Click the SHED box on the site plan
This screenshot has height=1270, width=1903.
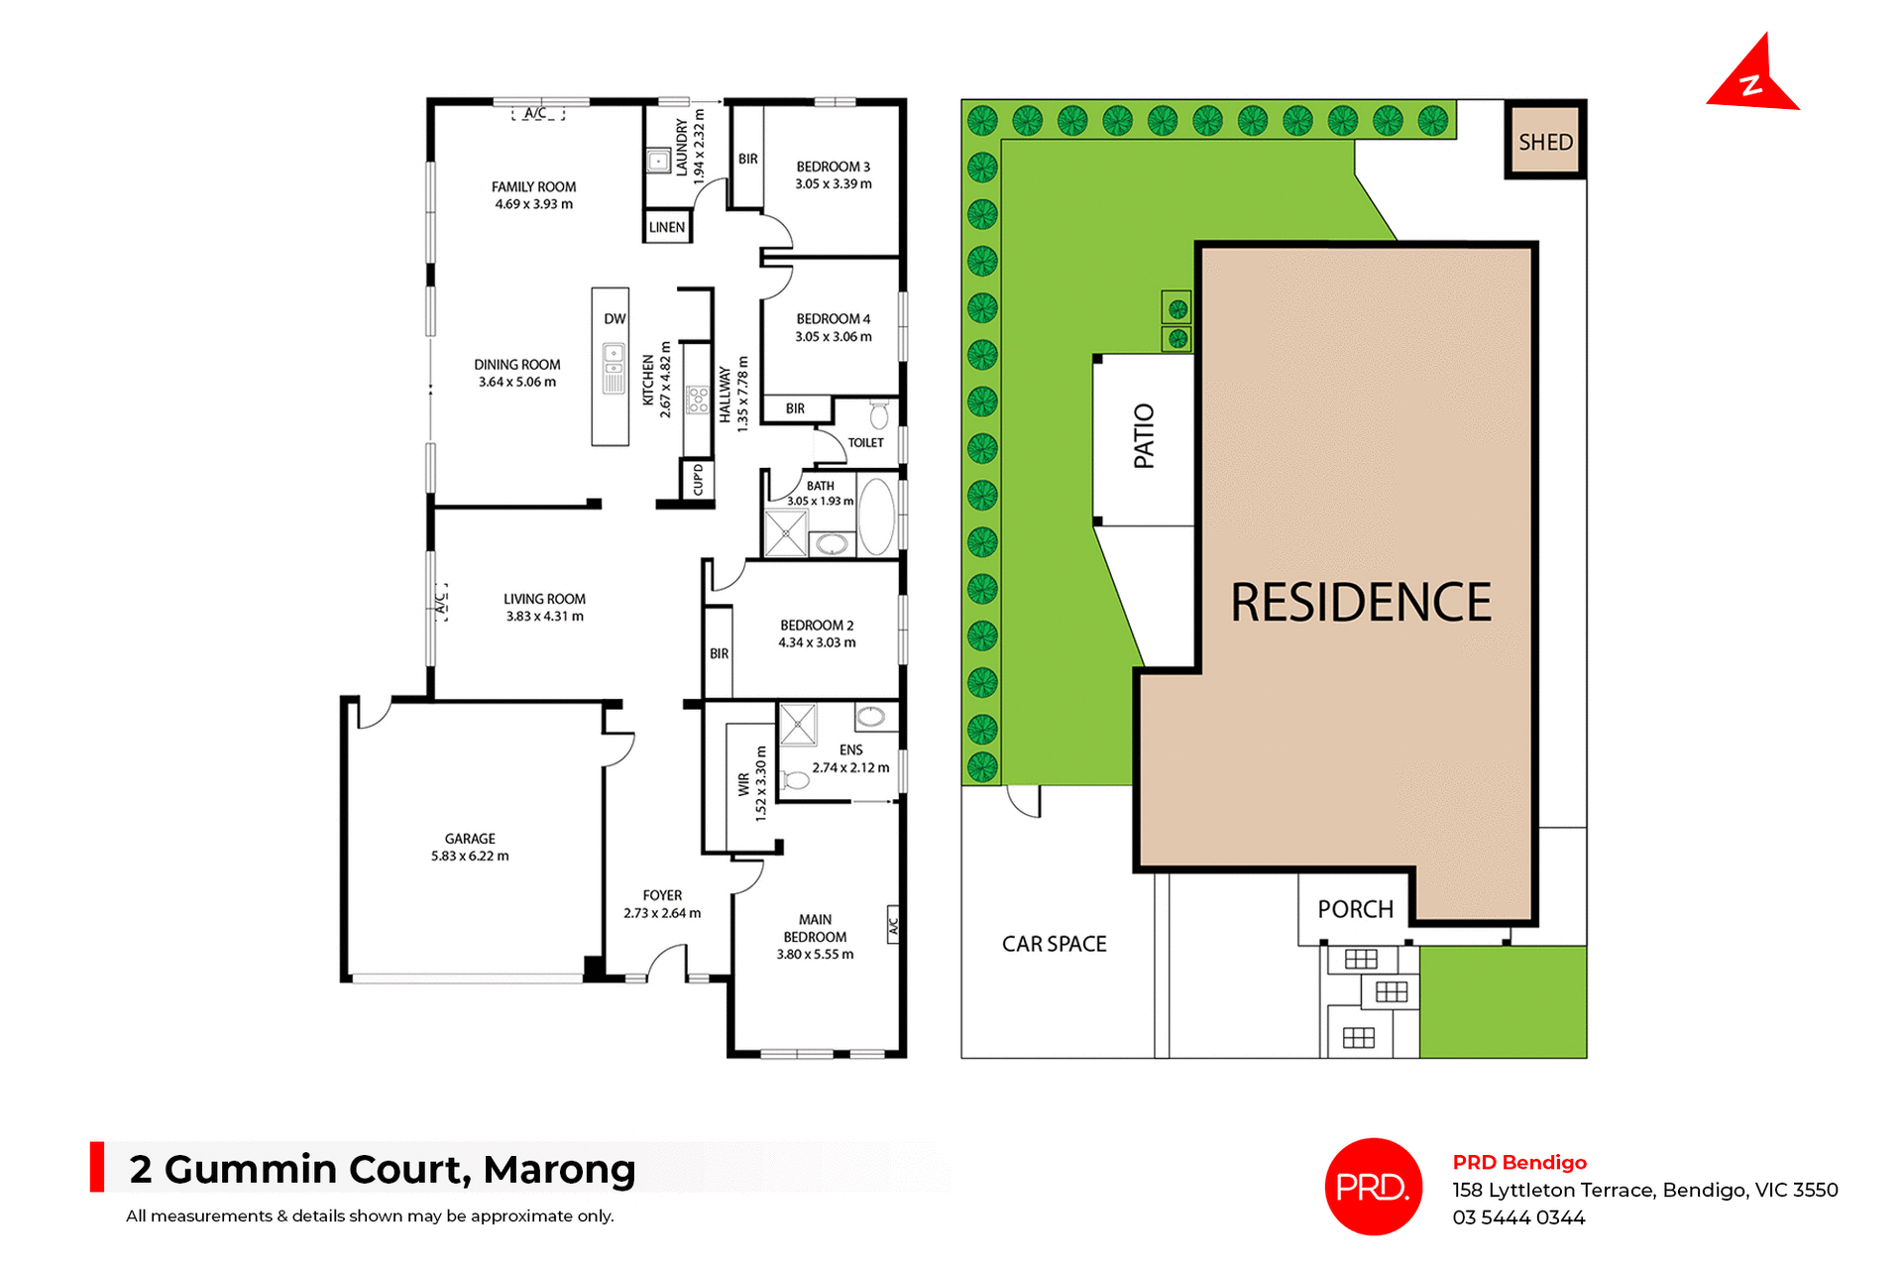pos(1545,141)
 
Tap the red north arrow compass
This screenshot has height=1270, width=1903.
pos(1751,78)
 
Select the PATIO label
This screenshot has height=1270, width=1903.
pos(1144,435)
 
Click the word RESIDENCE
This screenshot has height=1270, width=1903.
pos(1360,603)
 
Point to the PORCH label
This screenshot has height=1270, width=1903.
pos(1355,909)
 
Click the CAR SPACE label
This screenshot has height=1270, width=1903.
pos(1054,944)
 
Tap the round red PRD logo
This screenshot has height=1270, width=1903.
pos(1373,1187)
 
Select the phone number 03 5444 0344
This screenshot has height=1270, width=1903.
pos(1518,1217)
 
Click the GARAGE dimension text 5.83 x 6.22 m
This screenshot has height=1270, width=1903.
pos(470,856)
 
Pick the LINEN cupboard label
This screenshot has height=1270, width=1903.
pos(667,227)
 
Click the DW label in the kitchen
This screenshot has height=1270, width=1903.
pos(615,318)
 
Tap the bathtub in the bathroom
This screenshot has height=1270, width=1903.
pos(876,517)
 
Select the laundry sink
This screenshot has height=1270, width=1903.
pos(658,161)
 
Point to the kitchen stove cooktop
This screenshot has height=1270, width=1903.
pos(698,400)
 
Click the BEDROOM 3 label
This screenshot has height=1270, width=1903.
pos(833,167)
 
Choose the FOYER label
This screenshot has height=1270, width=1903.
pos(662,895)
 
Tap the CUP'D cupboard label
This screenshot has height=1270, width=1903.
pos(698,480)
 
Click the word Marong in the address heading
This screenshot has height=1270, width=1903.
pos(559,1170)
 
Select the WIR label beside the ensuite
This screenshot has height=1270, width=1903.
pos(743,784)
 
